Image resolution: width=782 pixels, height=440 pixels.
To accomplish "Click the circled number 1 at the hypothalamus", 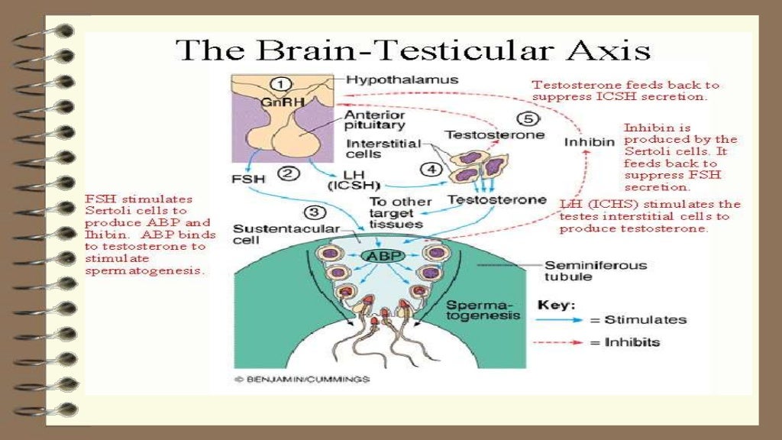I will coord(283,83).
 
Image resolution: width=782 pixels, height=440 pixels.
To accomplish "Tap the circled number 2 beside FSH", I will coord(289,173).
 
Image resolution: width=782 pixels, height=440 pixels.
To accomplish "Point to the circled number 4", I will coord(431,170).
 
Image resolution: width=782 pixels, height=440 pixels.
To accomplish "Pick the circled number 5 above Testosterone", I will coord(528,119).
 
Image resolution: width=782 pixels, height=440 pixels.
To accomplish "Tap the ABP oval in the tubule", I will coord(384,256).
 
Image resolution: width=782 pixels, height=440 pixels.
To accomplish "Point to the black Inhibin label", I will coord(590,143).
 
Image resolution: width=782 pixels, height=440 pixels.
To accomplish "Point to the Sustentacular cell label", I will coord(268,234).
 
